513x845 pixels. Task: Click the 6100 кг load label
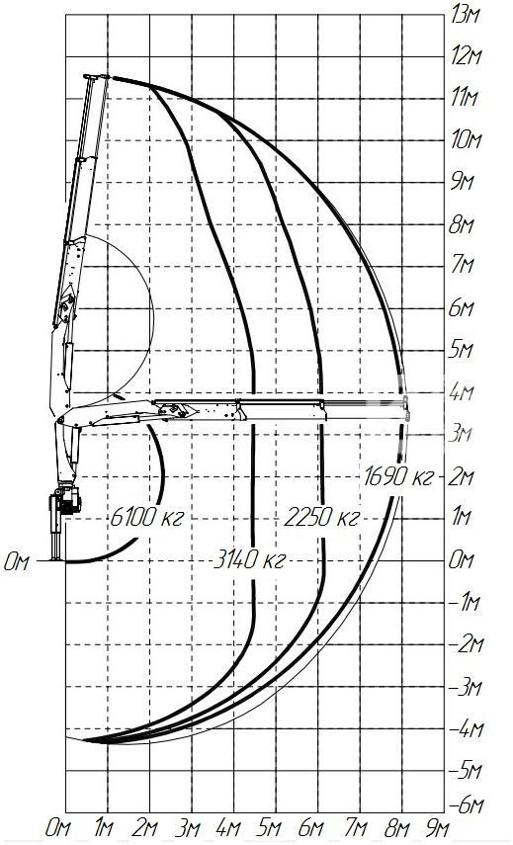pyautogui.click(x=147, y=517)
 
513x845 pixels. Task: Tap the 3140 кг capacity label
pyautogui.click(x=249, y=560)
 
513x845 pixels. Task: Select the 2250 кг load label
pyautogui.click(x=321, y=517)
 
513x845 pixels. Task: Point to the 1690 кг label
pyautogui.click(x=398, y=476)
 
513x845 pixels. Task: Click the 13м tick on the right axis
pyautogui.click(x=466, y=15)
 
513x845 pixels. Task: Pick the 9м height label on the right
pyautogui.click(x=462, y=182)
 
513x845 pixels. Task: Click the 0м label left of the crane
pyautogui.click(x=17, y=562)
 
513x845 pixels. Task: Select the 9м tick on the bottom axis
pyautogui.click(x=437, y=828)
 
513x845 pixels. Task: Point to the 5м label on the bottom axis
pyautogui.click(x=270, y=828)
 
